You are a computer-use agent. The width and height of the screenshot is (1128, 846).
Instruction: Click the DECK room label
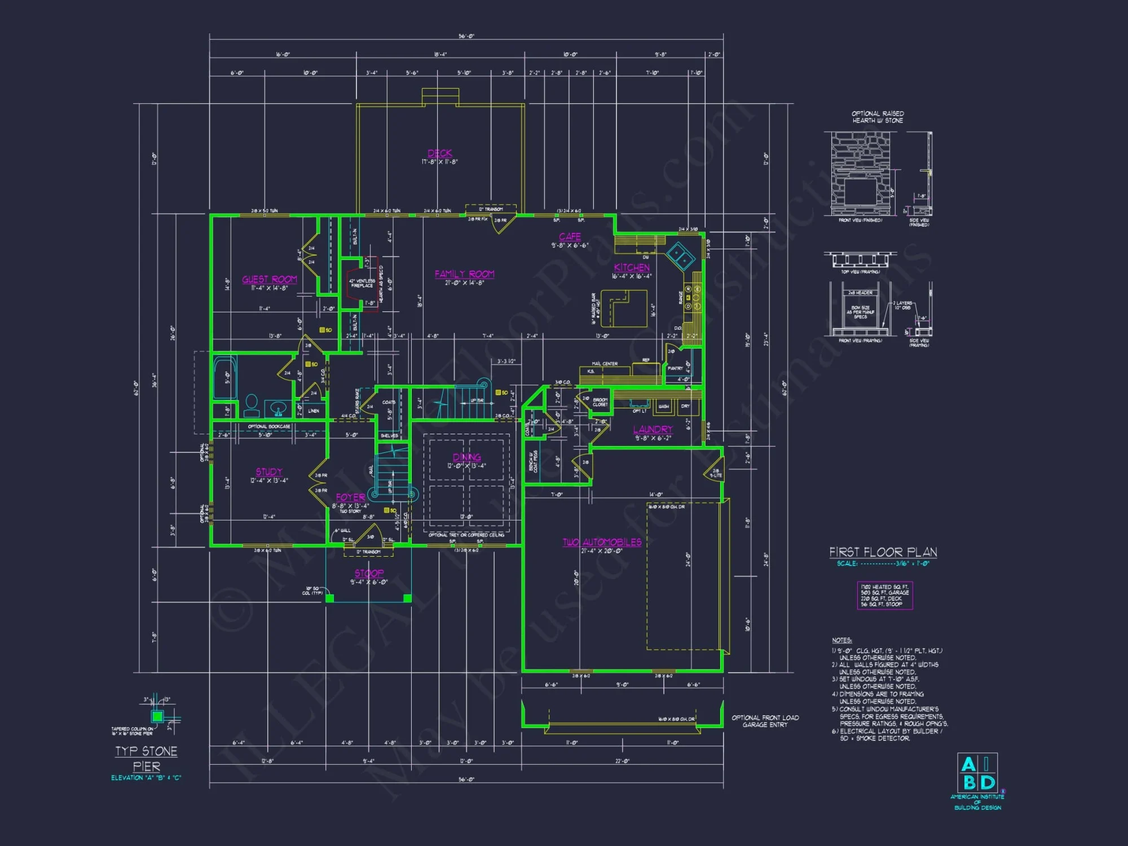point(439,153)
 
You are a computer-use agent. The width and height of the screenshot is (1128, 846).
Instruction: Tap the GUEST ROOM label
point(269,280)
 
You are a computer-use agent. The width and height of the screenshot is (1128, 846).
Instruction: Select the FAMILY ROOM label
point(464,274)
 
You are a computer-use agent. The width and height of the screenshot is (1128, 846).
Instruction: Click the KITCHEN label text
point(632,268)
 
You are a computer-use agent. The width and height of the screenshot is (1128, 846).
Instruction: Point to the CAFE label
point(570,237)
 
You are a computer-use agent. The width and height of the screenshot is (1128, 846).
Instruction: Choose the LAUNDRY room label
point(653,430)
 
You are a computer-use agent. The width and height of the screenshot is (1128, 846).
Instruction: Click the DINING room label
point(466,457)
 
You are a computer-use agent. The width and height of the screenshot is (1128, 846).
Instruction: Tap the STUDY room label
point(269,472)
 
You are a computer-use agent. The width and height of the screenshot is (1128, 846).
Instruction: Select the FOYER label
point(350,497)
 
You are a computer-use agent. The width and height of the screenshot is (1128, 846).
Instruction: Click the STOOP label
point(369,574)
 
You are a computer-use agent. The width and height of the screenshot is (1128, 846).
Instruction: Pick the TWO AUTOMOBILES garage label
point(602,543)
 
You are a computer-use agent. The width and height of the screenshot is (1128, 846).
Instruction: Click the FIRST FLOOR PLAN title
point(883,552)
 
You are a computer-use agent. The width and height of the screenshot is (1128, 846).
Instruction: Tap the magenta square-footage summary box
point(884,596)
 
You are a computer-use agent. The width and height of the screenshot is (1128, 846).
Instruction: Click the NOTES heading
point(841,640)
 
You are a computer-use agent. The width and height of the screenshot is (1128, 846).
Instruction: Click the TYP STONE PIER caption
point(146,759)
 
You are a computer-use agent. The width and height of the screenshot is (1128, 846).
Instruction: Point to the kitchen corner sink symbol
point(681,256)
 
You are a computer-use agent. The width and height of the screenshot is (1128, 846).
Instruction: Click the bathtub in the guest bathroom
point(224,377)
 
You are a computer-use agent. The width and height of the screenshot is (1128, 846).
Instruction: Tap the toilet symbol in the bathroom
point(252,405)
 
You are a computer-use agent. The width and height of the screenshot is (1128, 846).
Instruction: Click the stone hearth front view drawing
point(860,173)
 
